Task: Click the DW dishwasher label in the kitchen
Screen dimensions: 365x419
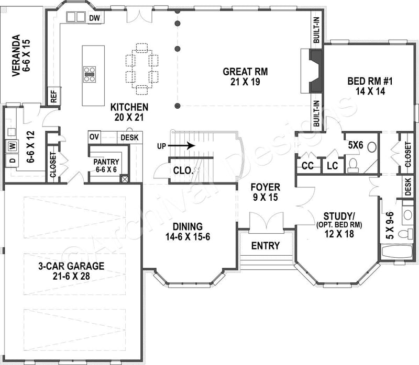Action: click(94, 18)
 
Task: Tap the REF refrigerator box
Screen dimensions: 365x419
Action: click(53, 96)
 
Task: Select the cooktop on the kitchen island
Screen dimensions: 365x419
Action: click(90, 74)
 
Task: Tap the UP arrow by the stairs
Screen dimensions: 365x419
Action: click(181, 145)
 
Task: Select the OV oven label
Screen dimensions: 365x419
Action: click(94, 136)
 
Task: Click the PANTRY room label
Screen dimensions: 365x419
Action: click(106, 165)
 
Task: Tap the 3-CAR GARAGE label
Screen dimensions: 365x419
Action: click(71, 270)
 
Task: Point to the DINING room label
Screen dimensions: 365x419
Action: click(188, 231)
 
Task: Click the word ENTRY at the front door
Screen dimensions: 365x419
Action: click(266, 246)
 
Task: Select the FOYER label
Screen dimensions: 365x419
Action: click(265, 192)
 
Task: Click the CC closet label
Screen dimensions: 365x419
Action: click(307, 166)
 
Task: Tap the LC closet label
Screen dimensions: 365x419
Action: click(332, 166)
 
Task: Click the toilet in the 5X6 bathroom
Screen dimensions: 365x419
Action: click(352, 165)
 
